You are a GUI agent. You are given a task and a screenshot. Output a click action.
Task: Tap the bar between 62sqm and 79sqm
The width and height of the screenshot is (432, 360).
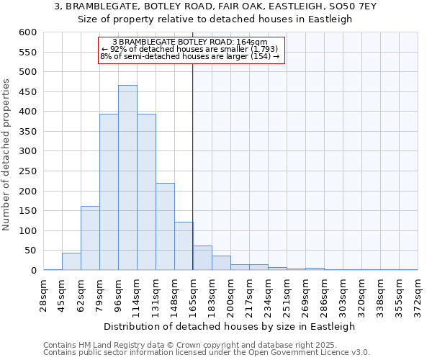[90, 238]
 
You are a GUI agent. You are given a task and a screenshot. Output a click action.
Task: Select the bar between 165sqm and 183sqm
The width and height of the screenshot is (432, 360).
[202, 258]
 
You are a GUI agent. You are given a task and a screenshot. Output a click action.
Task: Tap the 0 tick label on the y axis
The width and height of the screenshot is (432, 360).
[33, 271]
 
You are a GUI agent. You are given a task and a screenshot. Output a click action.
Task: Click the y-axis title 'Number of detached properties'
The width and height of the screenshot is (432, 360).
[7, 155]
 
